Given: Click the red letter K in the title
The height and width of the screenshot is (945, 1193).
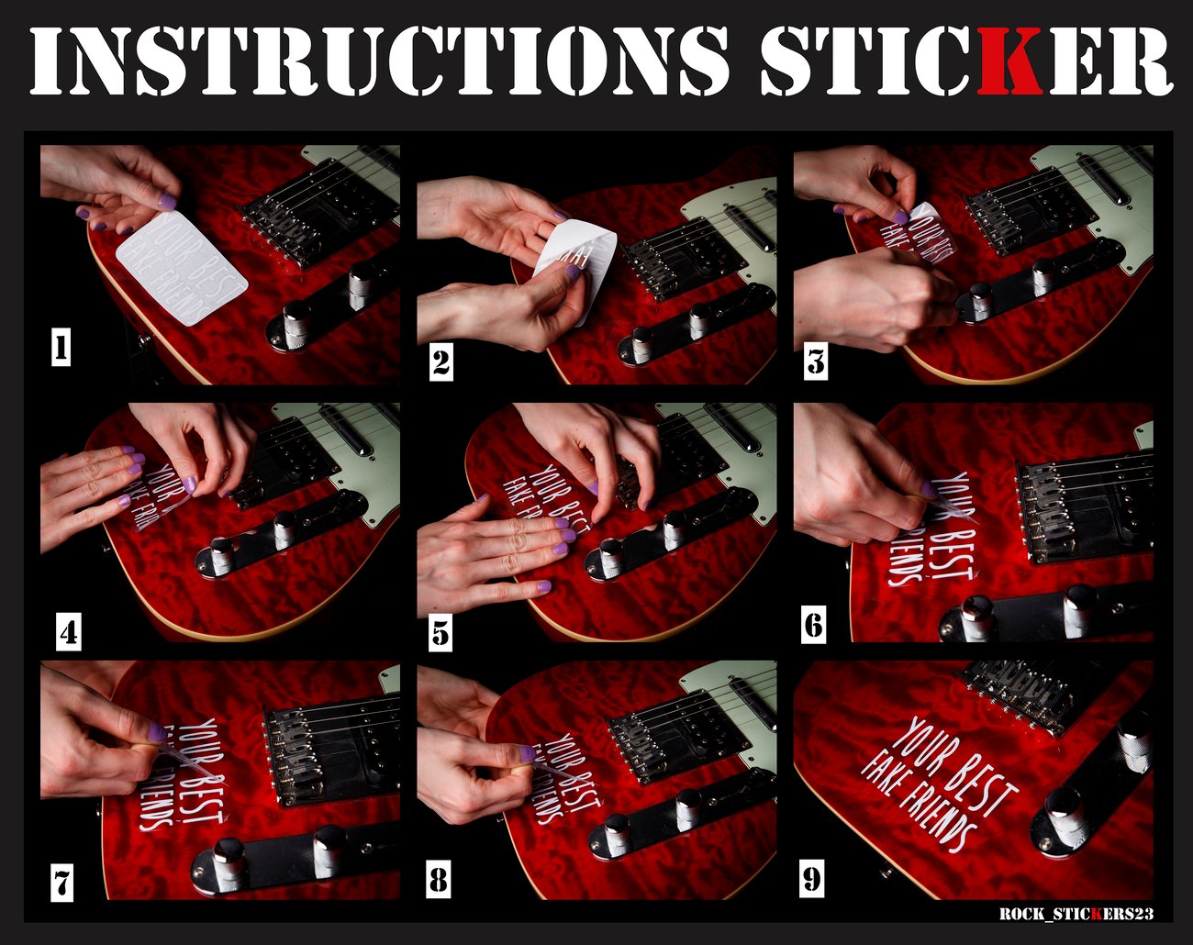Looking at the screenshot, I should pyautogui.click(x=1009, y=61).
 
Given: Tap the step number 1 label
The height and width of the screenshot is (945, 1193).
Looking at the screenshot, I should pyautogui.click(x=61, y=349).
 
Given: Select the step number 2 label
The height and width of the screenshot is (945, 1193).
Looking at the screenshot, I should pyautogui.click(x=440, y=363).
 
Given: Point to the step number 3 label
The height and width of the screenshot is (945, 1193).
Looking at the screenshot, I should pyautogui.click(x=816, y=361).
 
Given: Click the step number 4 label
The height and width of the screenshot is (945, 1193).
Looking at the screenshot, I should pyautogui.click(x=69, y=633).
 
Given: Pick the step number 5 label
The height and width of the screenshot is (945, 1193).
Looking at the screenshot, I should pyautogui.click(x=440, y=633).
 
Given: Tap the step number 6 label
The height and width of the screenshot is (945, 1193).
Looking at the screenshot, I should pyautogui.click(x=814, y=626).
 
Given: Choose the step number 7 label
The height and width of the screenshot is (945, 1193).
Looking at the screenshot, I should pyautogui.click(x=61, y=884).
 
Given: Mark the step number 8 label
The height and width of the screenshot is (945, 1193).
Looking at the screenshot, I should pyautogui.click(x=439, y=881).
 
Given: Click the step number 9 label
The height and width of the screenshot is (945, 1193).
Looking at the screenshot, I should pyautogui.click(x=812, y=880).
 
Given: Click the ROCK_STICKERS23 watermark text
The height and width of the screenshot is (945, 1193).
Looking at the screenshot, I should pyautogui.click(x=1076, y=914).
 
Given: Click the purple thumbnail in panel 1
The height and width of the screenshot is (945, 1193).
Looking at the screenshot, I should pyautogui.click(x=167, y=199).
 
